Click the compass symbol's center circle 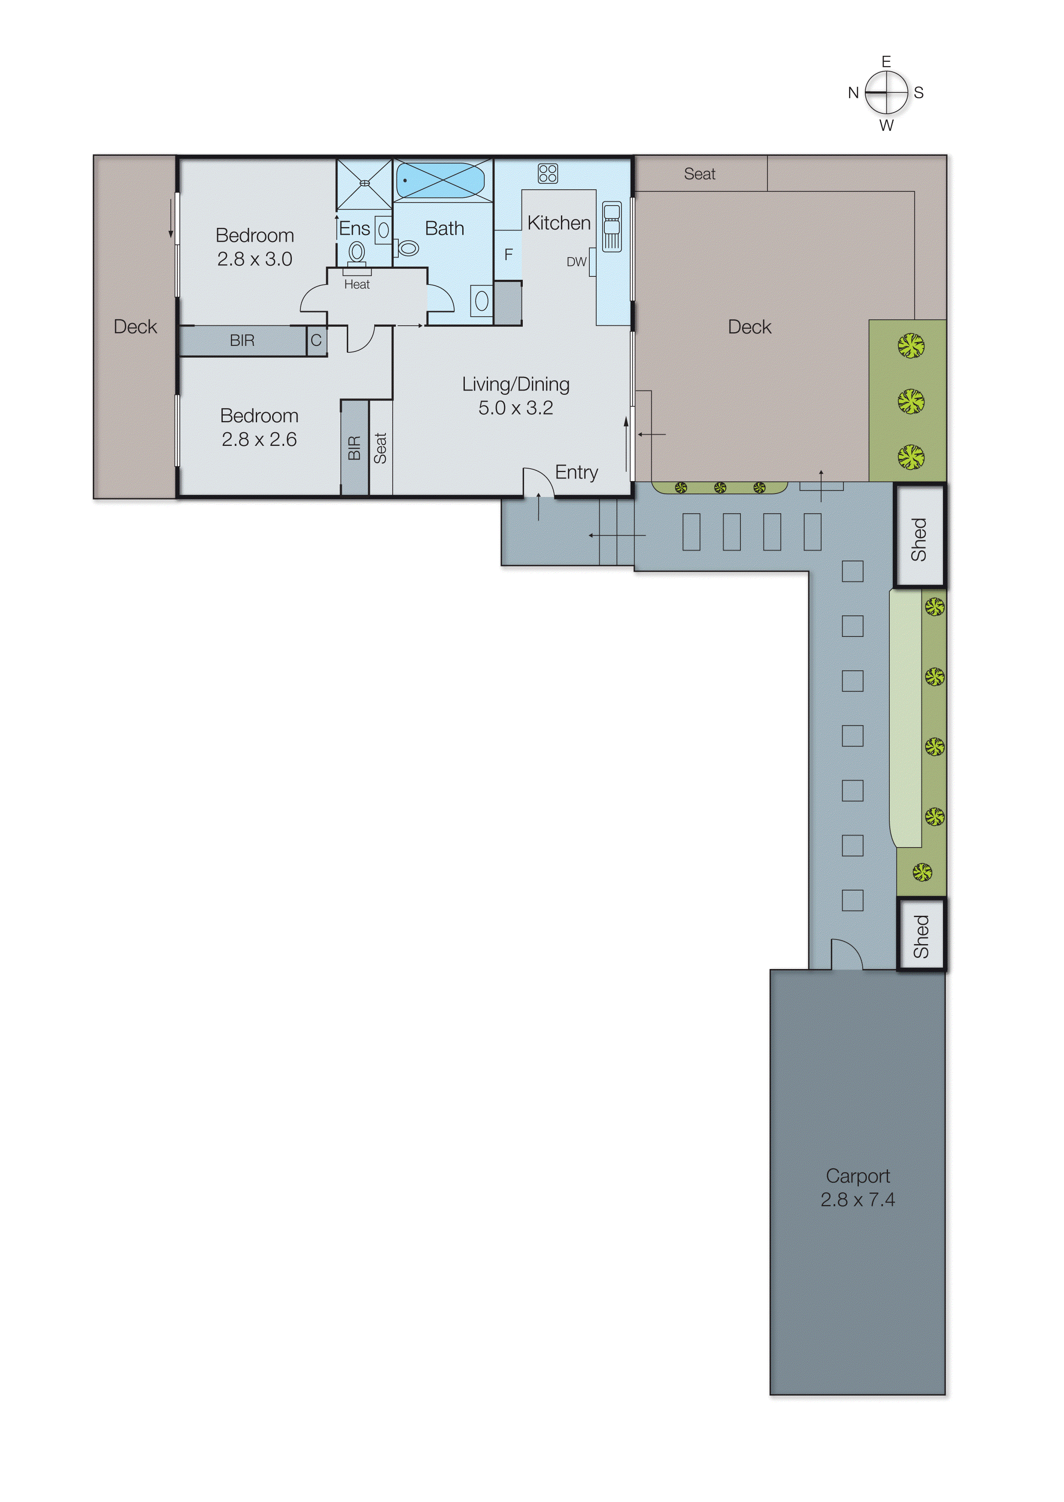click(886, 92)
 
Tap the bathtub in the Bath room click(440, 179)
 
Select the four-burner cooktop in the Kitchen click(547, 173)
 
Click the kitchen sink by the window click(611, 227)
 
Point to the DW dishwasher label click(576, 262)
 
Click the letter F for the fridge click(509, 254)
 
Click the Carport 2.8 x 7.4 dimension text click(857, 1199)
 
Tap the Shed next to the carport click(921, 936)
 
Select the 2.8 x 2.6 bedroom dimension click(259, 439)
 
